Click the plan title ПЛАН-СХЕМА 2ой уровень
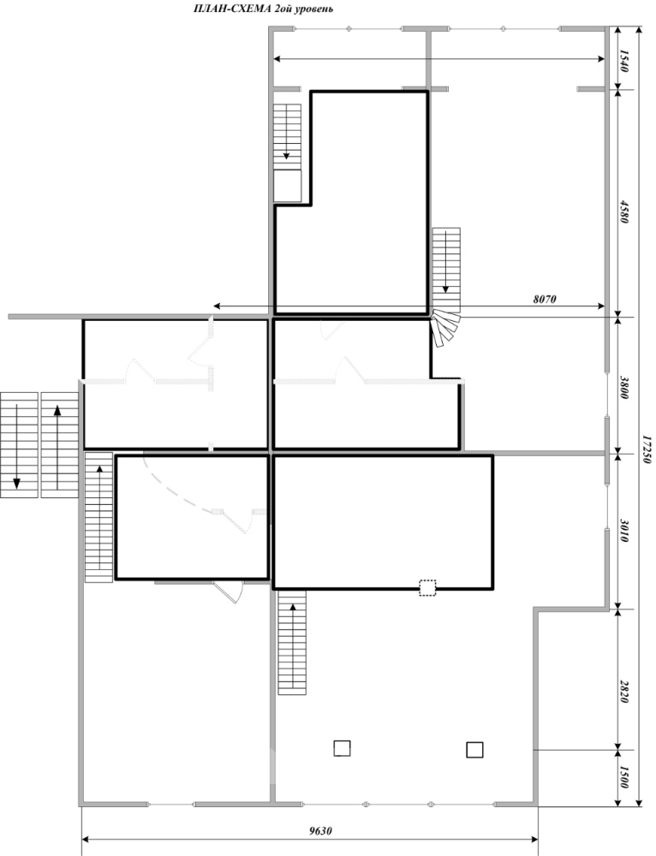click(x=263, y=9)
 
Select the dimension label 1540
click(x=624, y=61)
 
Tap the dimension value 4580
click(x=624, y=211)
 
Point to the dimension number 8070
click(x=544, y=299)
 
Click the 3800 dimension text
click(x=624, y=387)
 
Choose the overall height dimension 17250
click(x=647, y=449)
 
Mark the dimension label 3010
click(x=624, y=530)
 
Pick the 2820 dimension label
click(x=624, y=692)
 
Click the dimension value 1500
click(x=624, y=777)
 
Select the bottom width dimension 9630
click(x=320, y=831)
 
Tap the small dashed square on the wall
click(x=427, y=587)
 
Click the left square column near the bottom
click(x=342, y=748)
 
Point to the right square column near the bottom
click(x=474, y=750)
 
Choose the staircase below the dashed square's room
click(x=292, y=643)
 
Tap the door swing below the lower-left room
click(x=230, y=592)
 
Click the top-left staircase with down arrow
click(x=287, y=136)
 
